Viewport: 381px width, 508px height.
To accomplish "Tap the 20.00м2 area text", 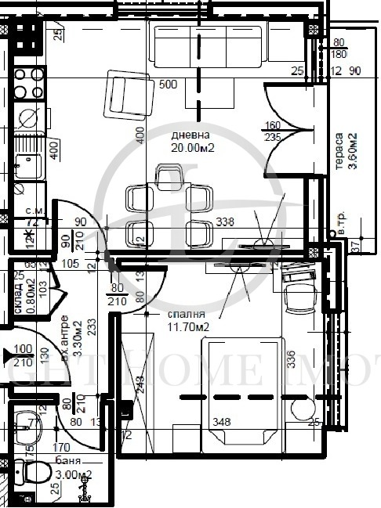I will [193, 146].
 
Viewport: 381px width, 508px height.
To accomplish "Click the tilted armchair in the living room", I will [127, 94].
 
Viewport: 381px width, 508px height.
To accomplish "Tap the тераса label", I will [339, 150].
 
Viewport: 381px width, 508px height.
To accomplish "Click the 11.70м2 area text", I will [188, 327].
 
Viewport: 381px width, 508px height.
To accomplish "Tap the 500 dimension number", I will [167, 84].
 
